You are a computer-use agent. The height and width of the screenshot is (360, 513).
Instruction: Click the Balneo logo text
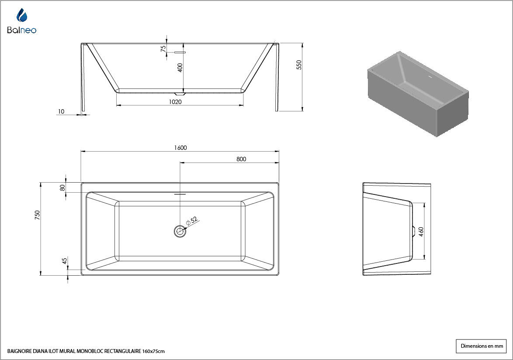pyautogui.click(x=21, y=30)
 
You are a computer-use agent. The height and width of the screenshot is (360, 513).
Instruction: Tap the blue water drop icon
pyautogui.click(x=21, y=15)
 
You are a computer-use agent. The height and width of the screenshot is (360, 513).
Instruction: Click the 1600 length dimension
pyautogui.click(x=180, y=148)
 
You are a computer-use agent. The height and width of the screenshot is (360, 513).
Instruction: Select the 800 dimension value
pyautogui.click(x=241, y=159)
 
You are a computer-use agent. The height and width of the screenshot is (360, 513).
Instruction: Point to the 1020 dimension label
pyautogui.click(x=175, y=102)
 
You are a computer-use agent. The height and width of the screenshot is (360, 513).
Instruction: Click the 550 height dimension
pyautogui.click(x=299, y=65)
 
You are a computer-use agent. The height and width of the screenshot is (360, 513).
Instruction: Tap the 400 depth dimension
pyautogui.click(x=180, y=68)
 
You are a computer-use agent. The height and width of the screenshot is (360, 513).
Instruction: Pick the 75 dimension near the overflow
pyautogui.click(x=163, y=48)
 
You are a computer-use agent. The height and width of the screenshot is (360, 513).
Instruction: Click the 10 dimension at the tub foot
pyautogui.click(x=61, y=111)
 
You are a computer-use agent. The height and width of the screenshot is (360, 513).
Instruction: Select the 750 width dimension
pyautogui.click(x=37, y=215)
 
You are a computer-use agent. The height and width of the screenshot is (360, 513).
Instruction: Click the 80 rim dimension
pyautogui.click(x=62, y=188)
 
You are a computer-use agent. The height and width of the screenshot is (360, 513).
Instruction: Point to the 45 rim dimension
pyautogui.click(x=64, y=260)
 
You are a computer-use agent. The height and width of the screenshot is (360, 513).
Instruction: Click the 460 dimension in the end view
pyautogui.click(x=421, y=232)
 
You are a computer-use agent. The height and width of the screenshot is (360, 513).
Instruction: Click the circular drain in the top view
pyautogui.click(x=180, y=231)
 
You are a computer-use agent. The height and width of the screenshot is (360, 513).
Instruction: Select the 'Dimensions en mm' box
pyautogui.click(x=481, y=346)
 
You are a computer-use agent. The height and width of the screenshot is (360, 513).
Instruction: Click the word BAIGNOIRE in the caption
pyautogui.click(x=19, y=352)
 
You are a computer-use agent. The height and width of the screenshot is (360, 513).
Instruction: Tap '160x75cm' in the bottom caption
pyautogui.click(x=153, y=352)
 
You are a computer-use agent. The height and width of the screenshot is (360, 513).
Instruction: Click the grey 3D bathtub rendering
pyautogui.click(x=418, y=94)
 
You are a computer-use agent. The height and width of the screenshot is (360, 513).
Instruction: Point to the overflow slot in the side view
pyautogui.click(x=180, y=52)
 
